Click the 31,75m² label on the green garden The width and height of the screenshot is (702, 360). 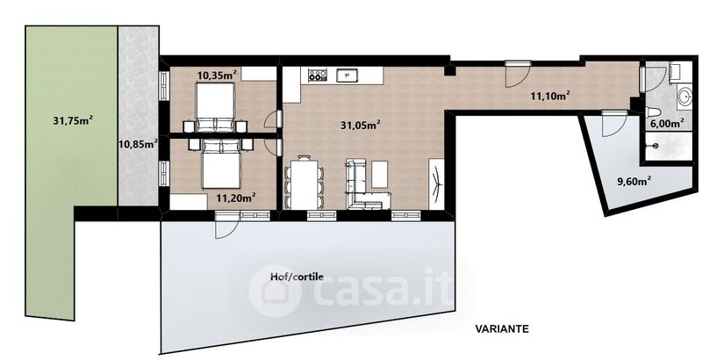point(73,120)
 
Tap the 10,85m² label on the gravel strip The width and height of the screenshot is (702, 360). point(138,144)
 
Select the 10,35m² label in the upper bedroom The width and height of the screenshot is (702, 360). point(217,75)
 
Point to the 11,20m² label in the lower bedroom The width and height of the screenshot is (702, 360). point(236,197)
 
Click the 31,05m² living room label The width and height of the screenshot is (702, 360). point(361,126)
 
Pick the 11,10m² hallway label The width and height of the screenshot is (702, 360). point(550,96)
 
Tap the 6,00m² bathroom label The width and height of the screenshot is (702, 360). point(666,123)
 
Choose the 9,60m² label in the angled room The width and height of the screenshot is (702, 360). point(634,182)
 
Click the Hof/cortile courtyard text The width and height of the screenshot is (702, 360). point(297,277)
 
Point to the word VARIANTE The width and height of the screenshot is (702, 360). point(501,329)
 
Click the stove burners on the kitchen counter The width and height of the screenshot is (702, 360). point(317,76)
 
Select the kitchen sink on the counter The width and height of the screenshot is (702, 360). point(347,76)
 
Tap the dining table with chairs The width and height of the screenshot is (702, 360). point(304,183)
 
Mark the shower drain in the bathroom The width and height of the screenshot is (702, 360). point(655,146)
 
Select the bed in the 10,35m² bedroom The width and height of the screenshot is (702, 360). point(215,108)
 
